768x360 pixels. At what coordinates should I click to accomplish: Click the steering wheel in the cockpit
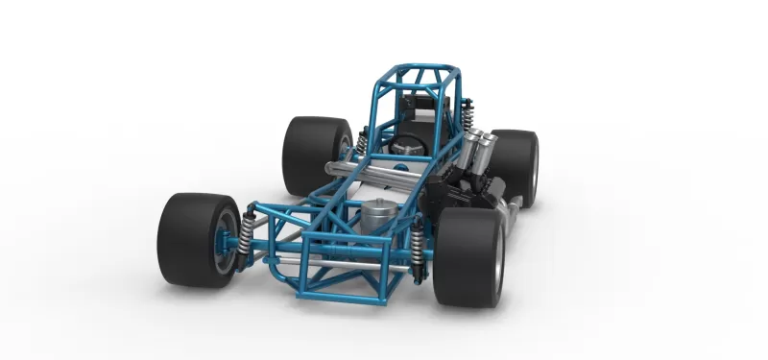(408, 146)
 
